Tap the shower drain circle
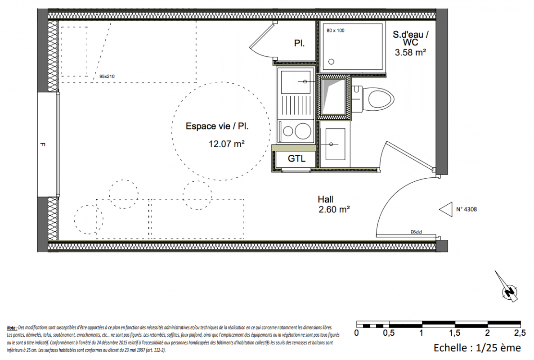pyautogui.click(x=332, y=62)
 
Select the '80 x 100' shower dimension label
pyautogui.click(x=336, y=31)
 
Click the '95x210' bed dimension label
pyautogui.click(x=107, y=76)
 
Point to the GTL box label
pyautogui.click(x=296, y=159)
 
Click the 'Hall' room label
pyautogui.click(x=326, y=199)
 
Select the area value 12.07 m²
pyautogui.click(x=226, y=144)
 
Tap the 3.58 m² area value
pyautogui.click(x=410, y=53)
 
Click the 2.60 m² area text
pyautogui.click(x=334, y=209)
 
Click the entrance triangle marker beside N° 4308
pyautogui.click(x=446, y=209)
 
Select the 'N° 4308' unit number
pyautogui.click(x=467, y=209)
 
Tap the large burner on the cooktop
pyautogui.click(x=303, y=131)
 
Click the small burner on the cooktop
pyautogui.click(x=288, y=131)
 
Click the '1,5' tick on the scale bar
pyautogui.click(x=454, y=333)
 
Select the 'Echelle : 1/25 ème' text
pyautogui.click(x=477, y=348)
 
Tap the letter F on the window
pyautogui.click(x=43, y=144)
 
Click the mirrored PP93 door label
pyautogui.click(x=416, y=232)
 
